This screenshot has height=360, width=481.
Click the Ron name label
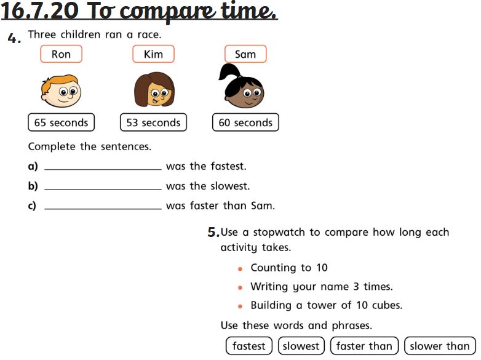pos(61,54)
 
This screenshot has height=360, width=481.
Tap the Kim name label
pos(153,54)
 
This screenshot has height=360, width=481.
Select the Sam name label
pos(245,54)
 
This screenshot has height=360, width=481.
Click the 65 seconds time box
pos(61,122)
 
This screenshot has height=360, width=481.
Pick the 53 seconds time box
pos(153,122)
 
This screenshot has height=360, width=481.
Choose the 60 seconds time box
pos(245,122)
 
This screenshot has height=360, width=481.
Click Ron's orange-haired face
pos(61,91)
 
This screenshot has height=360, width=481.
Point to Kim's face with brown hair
pos(154,89)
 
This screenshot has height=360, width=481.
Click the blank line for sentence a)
pos(103,169)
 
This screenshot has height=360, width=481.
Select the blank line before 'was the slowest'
pos(103,189)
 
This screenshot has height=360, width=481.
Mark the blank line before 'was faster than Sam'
pos(103,209)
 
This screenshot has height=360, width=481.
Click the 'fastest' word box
pos(248,346)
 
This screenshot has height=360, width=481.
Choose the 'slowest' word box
pos(301,346)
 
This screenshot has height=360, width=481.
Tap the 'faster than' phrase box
pos(364,346)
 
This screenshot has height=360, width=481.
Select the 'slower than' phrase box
pos(440,346)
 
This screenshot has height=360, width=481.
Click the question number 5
pos(213,232)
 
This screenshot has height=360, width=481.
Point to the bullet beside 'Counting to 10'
pos(240,269)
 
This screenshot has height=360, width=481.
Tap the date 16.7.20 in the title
pos(39,11)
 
